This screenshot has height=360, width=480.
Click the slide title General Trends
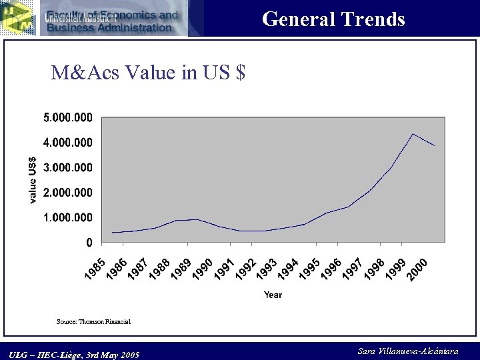click(x=333, y=19)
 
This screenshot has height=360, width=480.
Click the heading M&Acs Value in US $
click(x=148, y=72)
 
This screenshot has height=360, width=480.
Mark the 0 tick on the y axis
click(x=89, y=243)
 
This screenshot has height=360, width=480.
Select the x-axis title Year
click(x=273, y=295)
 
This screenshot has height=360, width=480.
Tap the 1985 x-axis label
click(x=95, y=268)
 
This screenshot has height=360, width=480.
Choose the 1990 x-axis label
click(x=203, y=268)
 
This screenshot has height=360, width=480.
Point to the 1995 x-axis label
click(x=309, y=268)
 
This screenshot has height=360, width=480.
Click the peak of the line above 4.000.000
click(x=413, y=134)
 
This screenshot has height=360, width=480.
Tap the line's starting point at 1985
click(x=112, y=233)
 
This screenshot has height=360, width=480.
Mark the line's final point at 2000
click(x=434, y=145)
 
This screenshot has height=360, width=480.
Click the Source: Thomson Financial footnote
click(x=93, y=321)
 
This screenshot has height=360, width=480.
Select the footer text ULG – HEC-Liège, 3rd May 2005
click(x=75, y=355)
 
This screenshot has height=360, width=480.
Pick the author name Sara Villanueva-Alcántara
click(x=408, y=351)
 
